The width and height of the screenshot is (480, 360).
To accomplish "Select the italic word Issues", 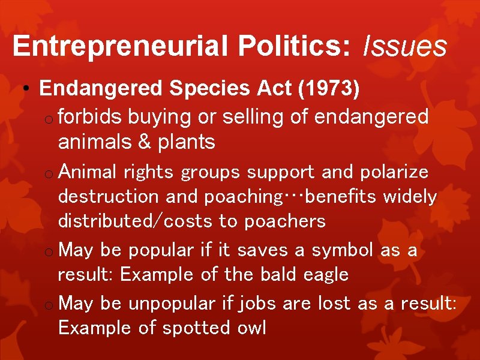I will point(405,46).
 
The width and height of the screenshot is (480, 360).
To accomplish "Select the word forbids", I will point(90,116).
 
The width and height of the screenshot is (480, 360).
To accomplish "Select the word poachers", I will point(284,221).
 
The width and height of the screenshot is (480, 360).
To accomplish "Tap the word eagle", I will point(326,275).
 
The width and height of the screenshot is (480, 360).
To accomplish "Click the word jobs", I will point(258,303).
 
